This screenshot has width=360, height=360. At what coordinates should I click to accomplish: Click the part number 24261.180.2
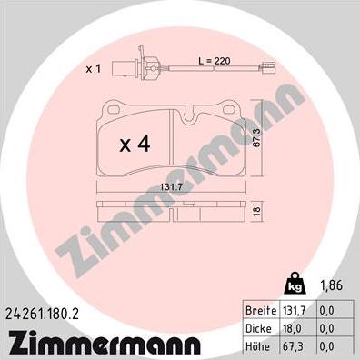pos(43,315)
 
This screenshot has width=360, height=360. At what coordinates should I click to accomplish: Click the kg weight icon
pos(295,284)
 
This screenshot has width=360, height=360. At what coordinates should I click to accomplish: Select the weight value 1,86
pos(332,285)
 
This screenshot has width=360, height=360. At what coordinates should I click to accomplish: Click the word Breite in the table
pos(261,310)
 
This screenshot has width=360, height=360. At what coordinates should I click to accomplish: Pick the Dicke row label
pos(259,328)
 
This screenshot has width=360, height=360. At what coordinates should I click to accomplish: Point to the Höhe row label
pos(258,346)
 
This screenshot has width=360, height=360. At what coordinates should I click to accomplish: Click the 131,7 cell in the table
pos(294,310)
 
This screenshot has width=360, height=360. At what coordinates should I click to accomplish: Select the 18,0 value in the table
pos(293,328)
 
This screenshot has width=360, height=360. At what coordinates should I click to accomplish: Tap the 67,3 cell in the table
pos(293,346)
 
